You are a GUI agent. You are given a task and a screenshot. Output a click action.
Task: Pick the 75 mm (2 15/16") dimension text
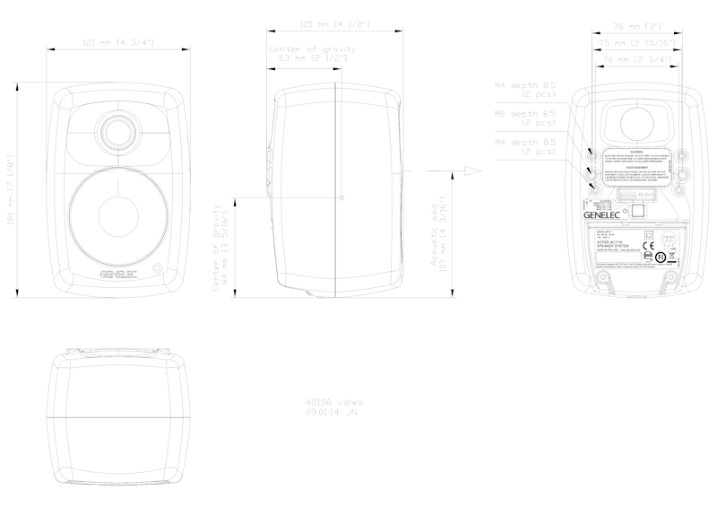[x=635, y=42]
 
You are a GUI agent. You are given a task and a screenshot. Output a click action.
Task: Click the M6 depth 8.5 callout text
[x=526, y=118]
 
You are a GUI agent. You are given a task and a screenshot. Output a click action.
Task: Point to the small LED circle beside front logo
[x=159, y=267]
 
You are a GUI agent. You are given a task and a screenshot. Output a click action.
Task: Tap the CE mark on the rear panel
[x=652, y=241]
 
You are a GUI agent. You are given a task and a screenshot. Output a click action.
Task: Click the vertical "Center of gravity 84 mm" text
[x=218, y=247]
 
